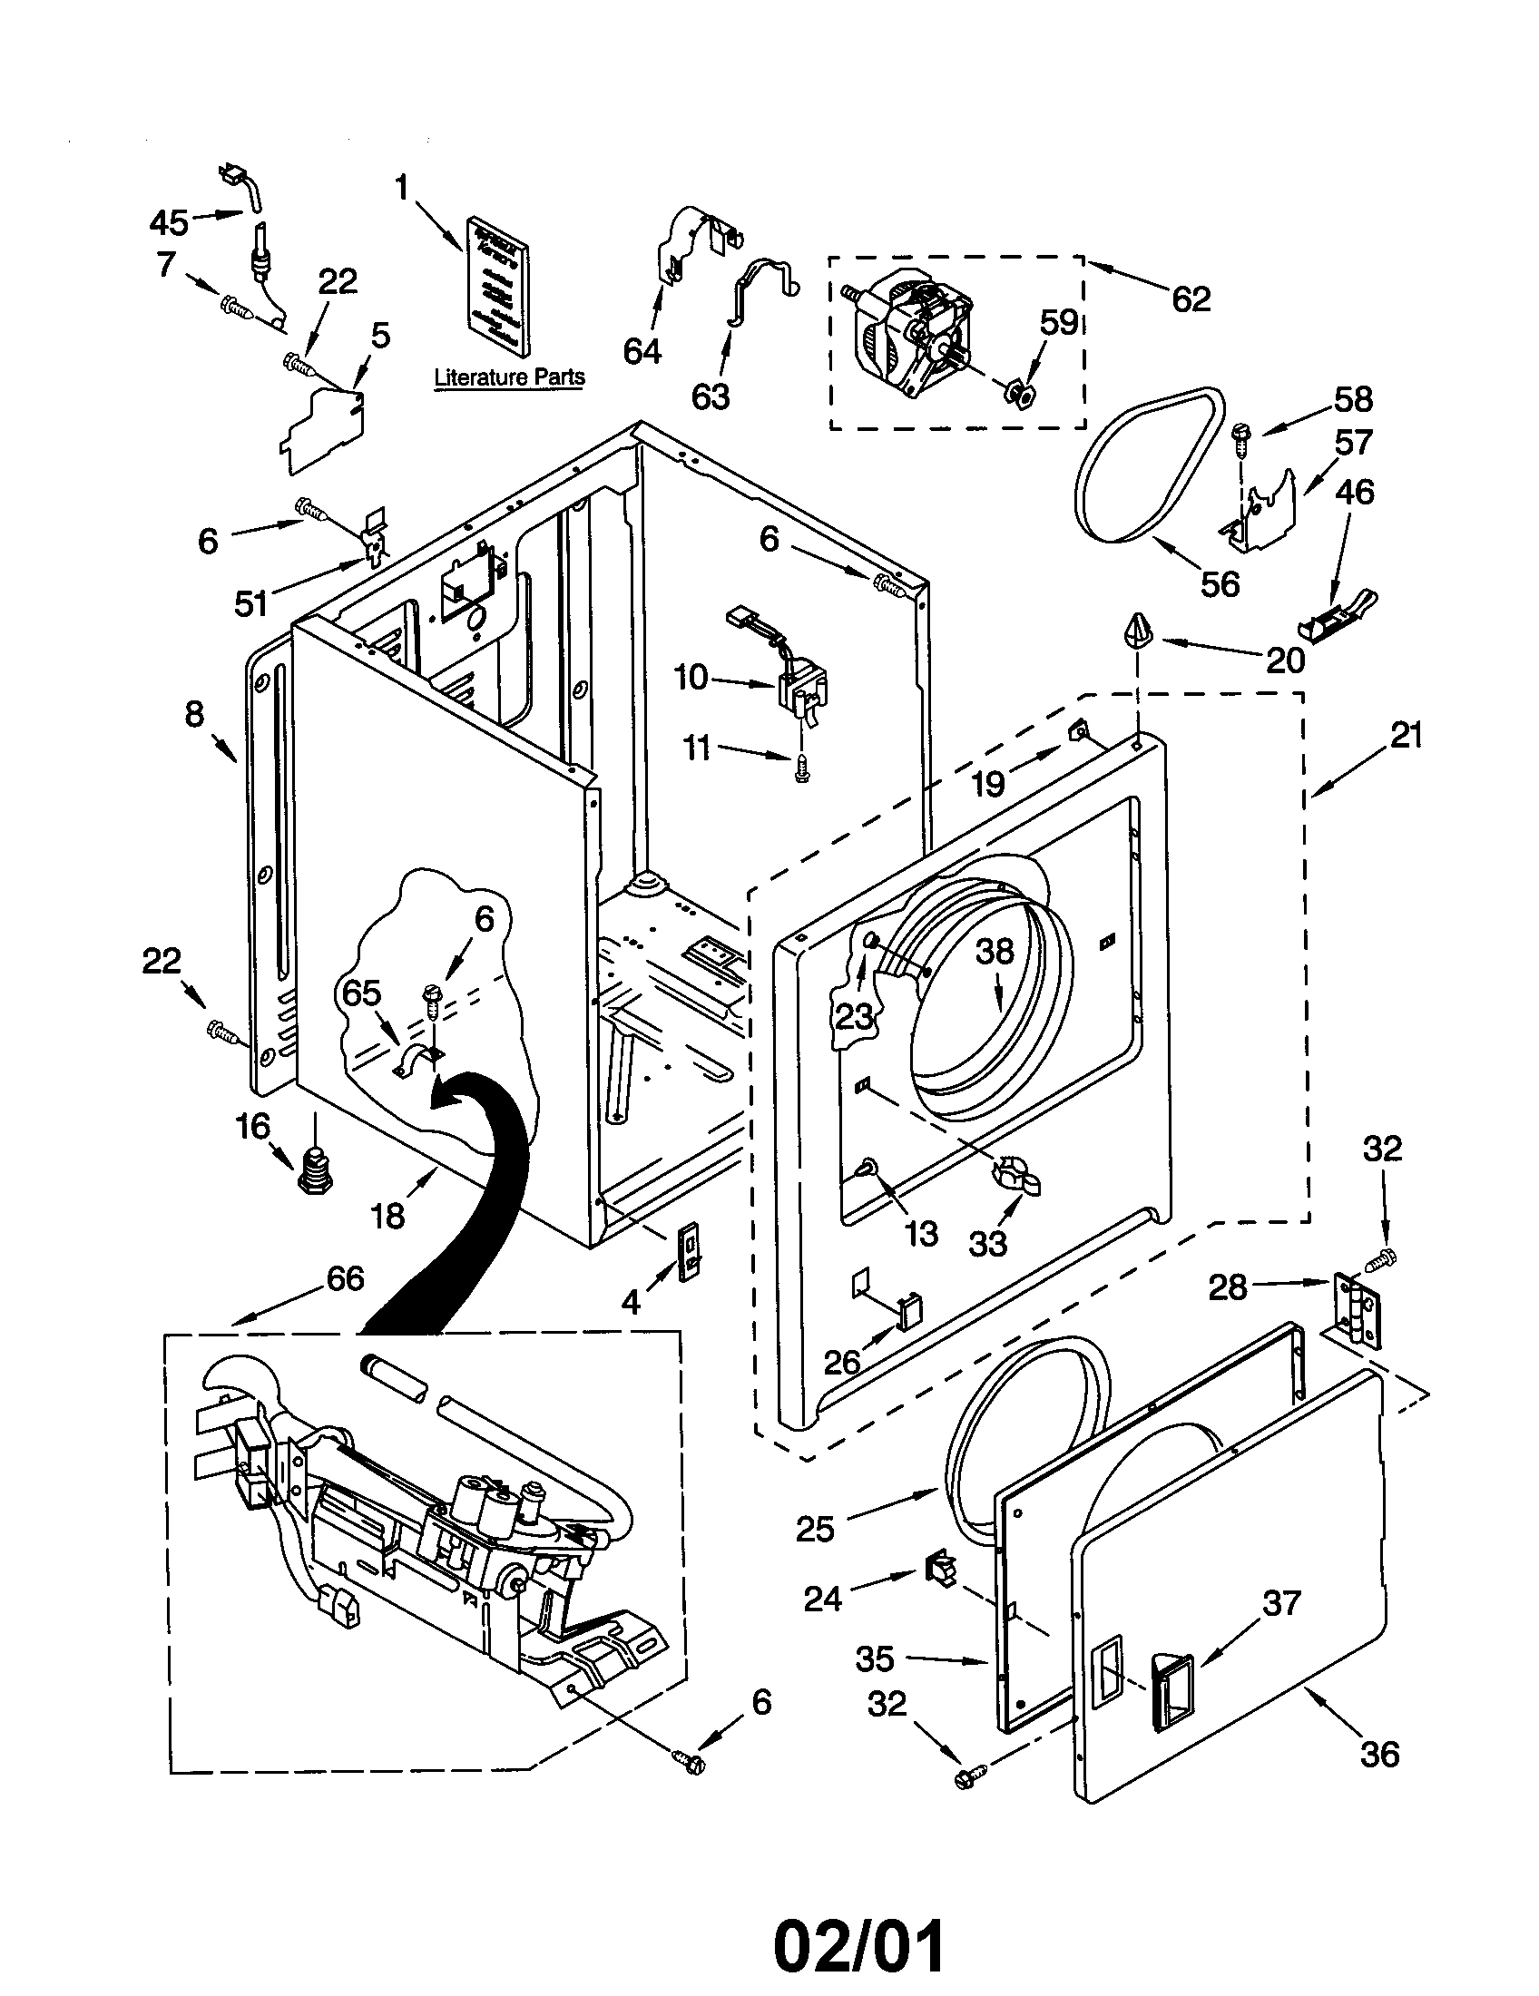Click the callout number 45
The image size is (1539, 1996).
tap(168, 221)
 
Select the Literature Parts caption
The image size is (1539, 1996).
tap(509, 377)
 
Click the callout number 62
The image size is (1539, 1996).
tap(1191, 298)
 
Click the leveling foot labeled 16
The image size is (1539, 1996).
tap(314, 1169)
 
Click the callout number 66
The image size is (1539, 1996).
tap(345, 1277)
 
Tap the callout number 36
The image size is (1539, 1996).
tap(1378, 1754)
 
